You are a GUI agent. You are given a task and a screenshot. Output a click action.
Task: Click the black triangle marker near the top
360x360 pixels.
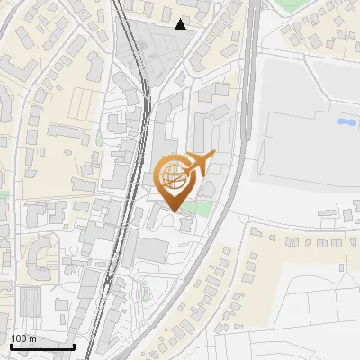tap(181, 24)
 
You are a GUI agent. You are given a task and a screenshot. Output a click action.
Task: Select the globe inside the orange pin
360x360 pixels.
tap(173, 175)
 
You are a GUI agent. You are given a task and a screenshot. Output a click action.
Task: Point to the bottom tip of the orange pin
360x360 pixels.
tap(173, 211)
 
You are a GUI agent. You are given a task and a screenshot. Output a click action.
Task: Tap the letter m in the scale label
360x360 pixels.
tap(32, 338)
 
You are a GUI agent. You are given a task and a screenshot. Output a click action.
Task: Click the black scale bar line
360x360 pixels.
tap(41, 346)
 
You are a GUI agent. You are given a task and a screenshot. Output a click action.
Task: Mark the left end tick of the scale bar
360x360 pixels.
tap(10, 345)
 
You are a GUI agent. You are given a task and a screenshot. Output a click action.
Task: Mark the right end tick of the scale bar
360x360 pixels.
tap(74, 345)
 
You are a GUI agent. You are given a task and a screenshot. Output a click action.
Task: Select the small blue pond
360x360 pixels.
tap(346, 121)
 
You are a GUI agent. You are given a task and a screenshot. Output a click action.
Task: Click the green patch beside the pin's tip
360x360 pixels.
tap(203, 210)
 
